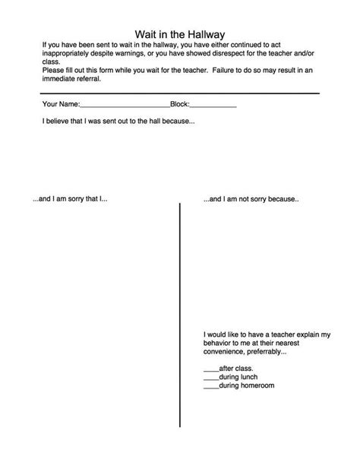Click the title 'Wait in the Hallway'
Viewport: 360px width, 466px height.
[180, 33]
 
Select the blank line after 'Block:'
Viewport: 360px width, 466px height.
[213, 106]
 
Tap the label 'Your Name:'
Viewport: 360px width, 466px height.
[61, 104]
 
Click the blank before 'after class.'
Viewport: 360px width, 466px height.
[210, 369]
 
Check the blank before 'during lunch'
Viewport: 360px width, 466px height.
[210, 378]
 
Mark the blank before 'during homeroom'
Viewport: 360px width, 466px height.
[210, 387]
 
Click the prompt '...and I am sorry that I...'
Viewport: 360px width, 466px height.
[71, 199]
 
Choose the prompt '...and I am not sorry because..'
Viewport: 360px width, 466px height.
[251, 199]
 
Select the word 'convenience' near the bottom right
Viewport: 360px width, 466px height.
[225, 353]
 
